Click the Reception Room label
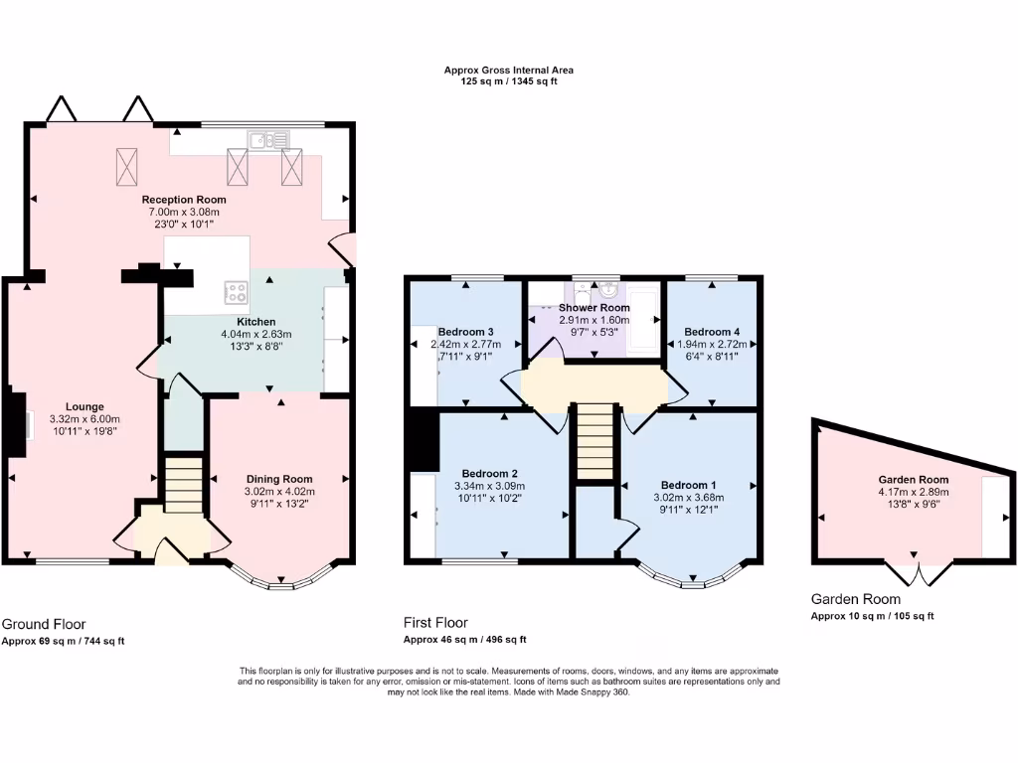184,200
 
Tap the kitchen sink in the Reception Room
268,139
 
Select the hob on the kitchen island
236,292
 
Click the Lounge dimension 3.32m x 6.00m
85,419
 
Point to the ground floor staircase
183,485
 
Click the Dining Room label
279,480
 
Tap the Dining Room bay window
281,579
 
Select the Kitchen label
255,322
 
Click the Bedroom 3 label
465,332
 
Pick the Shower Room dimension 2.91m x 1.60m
594,320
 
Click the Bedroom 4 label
712,332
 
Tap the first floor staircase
594,441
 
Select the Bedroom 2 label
489,474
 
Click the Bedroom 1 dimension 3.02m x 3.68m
688,498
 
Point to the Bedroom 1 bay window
692,577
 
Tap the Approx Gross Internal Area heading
508,71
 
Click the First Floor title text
435,623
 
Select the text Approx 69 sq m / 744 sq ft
63,641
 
